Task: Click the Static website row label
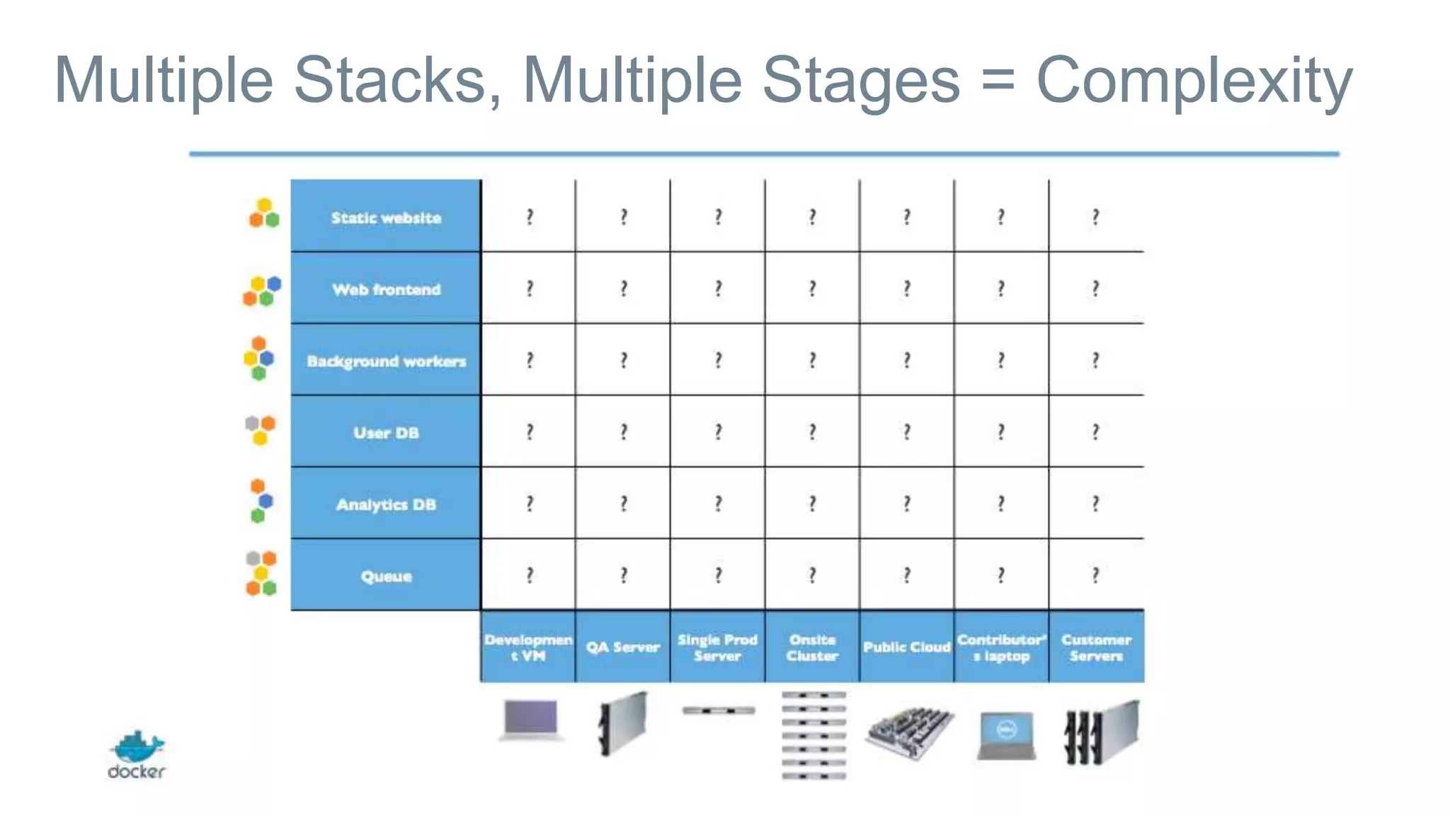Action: (x=386, y=217)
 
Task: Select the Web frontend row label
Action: (x=386, y=289)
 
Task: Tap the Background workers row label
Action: (x=386, y=361)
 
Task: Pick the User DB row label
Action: (x=386, y=433)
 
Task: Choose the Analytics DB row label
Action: (x=386, y=504)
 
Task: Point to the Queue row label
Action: (x=386, y=576)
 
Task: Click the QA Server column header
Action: (x=622, y=647)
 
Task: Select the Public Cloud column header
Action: (x=906, y=647)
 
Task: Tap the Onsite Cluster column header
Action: (x=812, y=647)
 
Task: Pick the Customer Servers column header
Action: (x=1096, y=647)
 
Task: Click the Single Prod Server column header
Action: (x=717, y=647)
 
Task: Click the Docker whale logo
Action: (x=137, y=748)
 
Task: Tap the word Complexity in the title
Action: (x=1194, y=81)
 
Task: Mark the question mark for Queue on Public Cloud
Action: (x=906, y=574)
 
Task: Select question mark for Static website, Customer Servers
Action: (x=1095, y=216)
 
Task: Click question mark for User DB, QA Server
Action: (x=623, y=431)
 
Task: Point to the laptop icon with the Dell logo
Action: (x=1006, y=735)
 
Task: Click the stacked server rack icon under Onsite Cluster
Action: (x=814, y=735)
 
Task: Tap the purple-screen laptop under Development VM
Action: (x=531, y=720)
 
